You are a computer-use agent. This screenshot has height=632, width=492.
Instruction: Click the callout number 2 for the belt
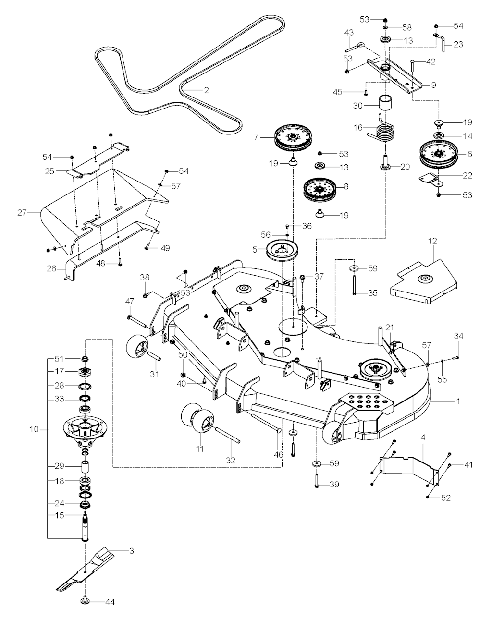pyautogui.click(x=206, y=90)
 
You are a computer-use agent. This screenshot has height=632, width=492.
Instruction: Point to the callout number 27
pyautogui.click(x=22, y=213)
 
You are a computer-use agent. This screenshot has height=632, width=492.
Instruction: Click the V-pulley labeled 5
pyautogui.click(x=282, y=250)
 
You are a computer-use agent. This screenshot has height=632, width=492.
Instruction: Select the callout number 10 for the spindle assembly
pyautogui.click(x=34, y=429)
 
